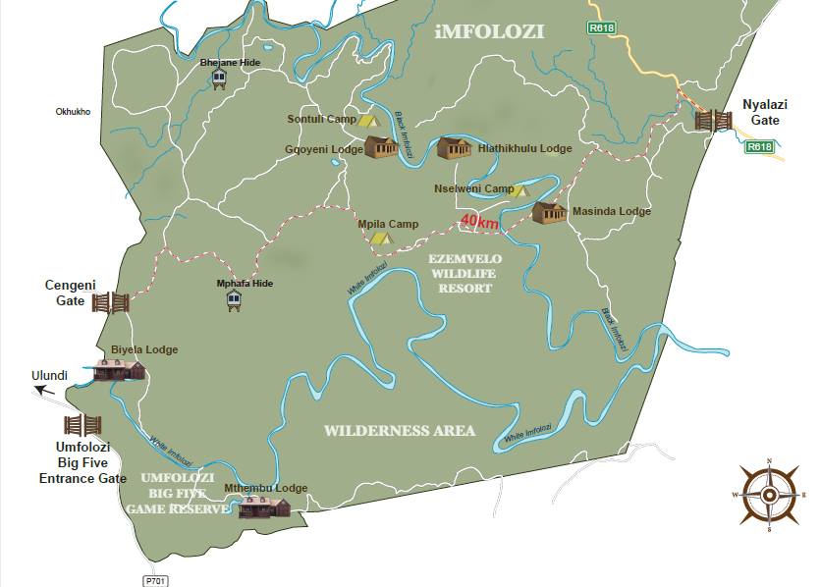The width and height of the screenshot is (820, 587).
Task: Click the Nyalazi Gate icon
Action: pyautogui.click(x=713, y=121)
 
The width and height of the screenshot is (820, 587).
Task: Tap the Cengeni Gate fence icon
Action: pyautogui.click(x=111, y=301)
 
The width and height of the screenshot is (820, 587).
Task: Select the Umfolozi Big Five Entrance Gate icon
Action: pyautogui.click(x=82, y=425)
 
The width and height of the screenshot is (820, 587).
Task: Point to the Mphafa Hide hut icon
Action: pyautogui.click(x=233, y=301)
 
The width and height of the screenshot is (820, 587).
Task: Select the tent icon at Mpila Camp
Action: pyautogui.click(x=380, y=237)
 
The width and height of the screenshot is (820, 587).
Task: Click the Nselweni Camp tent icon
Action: pyautogui.click(x=517, y=190)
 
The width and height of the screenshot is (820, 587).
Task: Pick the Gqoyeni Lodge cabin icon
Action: pyautogui.click(x=381, y=147)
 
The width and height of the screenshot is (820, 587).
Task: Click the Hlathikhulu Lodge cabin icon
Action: pyautogui.click(x=454, y=147)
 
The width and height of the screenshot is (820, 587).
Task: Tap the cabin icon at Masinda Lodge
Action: pyautogui.click(x=549, y=212)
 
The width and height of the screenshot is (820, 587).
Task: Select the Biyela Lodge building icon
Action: pyautogui.click(x=119, y=370)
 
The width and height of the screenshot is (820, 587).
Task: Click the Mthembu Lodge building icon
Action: pyautogui.click(x=264, y=507)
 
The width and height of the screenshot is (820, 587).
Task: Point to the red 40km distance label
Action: pyautogui.click(x=481, y=224)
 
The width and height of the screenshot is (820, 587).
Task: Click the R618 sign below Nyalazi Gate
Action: pyautogui.click(x=759, y=146)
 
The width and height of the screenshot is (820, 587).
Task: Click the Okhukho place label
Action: pyautogui.click(x=73, y=112)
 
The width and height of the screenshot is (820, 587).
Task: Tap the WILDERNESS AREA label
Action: pyautogui.click(x=399, y=430)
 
